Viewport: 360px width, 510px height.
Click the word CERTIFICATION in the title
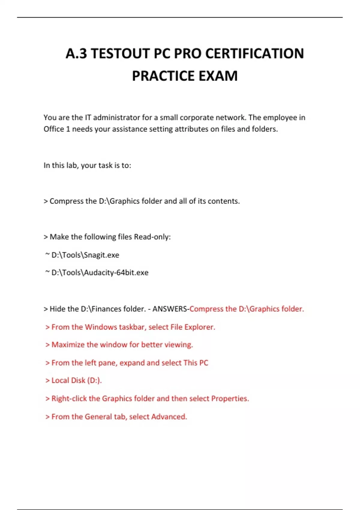[x=254, y=53]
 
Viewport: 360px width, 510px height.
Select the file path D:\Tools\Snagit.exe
[x=85, y=255]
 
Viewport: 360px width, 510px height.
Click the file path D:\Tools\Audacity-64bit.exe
[x=100, y=273]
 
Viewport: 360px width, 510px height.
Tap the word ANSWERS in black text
[x=169, y=309]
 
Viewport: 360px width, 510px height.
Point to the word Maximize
[x=68, y=345]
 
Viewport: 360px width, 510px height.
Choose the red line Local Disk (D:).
[x=76, y=380]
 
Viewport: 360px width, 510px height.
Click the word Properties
[x=230, y=399]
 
